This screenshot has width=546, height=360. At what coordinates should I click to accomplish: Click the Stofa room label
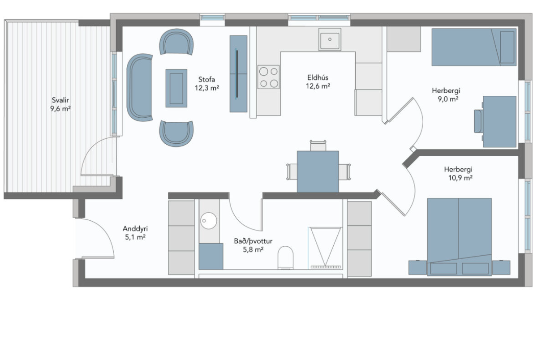pos(206,79)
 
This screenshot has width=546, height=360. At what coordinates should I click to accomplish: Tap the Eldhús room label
pos(318,77)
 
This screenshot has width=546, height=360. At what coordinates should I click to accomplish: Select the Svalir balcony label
pos(60,100)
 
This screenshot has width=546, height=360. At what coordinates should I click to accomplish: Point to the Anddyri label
pos(135,229)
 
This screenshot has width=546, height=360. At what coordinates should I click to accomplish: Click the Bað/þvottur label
pos(253,241)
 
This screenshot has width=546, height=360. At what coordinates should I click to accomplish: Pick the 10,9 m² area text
pos(460,178)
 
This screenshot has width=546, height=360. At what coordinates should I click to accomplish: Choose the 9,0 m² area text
pos(448,99)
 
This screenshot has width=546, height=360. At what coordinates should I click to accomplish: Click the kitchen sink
pos(330,39)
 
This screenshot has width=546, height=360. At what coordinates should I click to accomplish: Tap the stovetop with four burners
pos(268,77)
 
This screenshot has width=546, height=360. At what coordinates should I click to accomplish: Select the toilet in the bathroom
pos(285,257)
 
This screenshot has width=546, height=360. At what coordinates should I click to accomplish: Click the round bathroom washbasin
pos(208,221)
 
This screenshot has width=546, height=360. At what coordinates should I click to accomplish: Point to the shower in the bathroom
pos(326,248)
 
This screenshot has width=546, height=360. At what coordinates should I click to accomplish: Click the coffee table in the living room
pos(176,88)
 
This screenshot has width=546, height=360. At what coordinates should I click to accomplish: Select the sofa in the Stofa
pos(139,87)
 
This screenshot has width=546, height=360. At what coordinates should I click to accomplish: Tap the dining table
pos(318,171)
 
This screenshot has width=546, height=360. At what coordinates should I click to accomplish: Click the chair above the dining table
pos(318,146)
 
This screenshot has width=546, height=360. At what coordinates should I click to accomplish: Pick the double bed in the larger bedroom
pos(459,237)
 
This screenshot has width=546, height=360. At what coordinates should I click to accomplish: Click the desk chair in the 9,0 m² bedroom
pos(479,121)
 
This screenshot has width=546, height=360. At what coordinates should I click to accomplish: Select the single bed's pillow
pos(507,47)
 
